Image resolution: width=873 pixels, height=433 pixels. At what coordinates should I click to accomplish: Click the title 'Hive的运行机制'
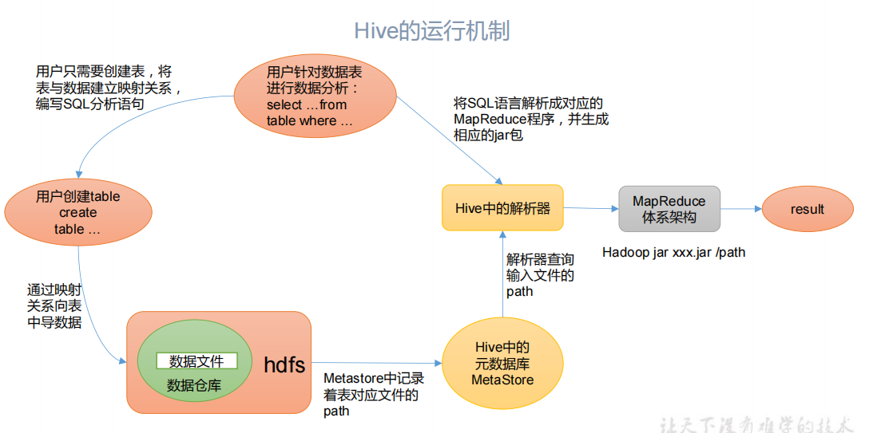(x=431, y=30)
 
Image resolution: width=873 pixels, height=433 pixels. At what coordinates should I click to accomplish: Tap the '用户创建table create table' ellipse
(x=78, y=213)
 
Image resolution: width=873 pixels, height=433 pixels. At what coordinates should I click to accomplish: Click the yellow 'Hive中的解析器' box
(x=502, y=208)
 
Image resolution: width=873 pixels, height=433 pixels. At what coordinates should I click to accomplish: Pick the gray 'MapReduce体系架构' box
(x=669, y=209)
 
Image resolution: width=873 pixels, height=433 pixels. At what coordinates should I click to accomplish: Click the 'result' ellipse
(x=807, y=209)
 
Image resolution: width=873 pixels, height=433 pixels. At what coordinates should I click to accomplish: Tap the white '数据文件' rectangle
(x=196, y=361)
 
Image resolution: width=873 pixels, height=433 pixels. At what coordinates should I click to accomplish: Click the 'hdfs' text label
(x=284, y=365)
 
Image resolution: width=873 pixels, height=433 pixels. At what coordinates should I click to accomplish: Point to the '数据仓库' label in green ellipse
(x=194, y=386)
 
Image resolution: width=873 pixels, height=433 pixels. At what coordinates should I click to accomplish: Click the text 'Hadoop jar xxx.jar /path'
(x=673, y=253)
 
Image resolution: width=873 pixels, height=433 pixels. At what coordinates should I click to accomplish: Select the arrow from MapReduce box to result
(x=741, y=209)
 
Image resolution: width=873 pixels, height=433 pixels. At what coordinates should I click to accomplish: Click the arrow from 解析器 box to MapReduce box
(x=591, y=209)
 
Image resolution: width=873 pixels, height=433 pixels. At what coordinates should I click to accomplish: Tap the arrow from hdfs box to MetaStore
(x=375, y=360)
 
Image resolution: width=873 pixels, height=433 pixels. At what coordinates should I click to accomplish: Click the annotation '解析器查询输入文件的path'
(x=540, y=275)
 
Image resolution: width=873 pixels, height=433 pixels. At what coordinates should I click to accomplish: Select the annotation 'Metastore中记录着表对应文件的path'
(x=372, y=395)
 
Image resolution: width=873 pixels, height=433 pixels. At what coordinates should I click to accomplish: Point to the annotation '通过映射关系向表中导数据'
(x=54, y=306)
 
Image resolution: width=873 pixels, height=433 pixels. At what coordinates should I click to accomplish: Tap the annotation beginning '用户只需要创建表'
(x=109, y=87)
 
